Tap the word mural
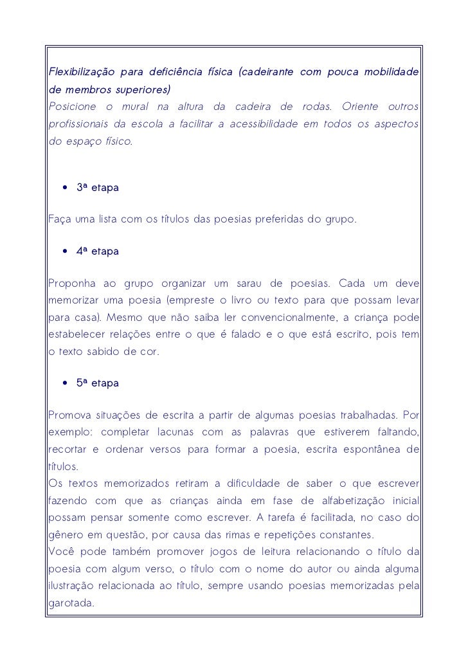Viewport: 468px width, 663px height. pyautogui.click(x=148, y=106)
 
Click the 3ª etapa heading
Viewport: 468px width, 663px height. pyautogui.click(x=97, y=188)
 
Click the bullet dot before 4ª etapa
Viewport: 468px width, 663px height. pyautogui.click(x=65, y=251)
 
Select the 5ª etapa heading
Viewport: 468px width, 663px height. pyautogui.click(x=97, y=383)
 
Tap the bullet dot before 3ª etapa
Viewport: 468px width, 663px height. pyautogui.click(x=65, y=188)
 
